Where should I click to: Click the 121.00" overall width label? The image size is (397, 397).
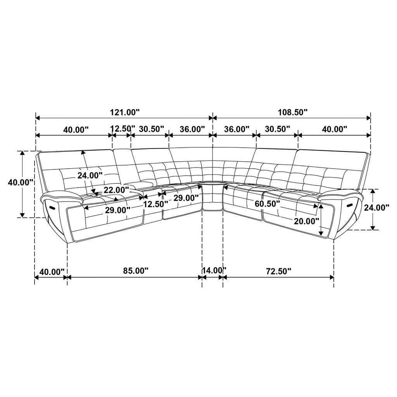point(125,112)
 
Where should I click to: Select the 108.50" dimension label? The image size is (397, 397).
point(293,112)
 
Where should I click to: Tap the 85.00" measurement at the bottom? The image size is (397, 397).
point(136,271)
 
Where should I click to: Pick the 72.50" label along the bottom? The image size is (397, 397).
point(278,271)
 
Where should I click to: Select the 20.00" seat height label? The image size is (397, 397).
point(306,221)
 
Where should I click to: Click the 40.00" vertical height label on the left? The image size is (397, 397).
point(21,182)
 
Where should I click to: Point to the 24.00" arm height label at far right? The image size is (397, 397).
point(376,208)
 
